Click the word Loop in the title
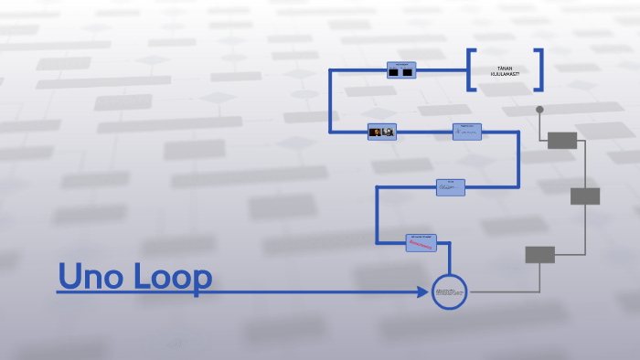coord(173,277)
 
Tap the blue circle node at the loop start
coord(449,291)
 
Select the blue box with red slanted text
coord(421,243)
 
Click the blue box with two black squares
coord(400,70)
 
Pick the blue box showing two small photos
coord(381,132)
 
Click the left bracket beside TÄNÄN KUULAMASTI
coord(472,69)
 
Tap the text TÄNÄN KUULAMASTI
coord(505,70)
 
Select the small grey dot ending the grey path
coord(539,110)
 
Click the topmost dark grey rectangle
coord(562,140)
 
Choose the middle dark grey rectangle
coord(585,196)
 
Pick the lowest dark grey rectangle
coord(539,254)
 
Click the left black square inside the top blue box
coord(393,71)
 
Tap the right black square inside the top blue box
coord(408,71)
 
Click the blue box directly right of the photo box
coord(466,132)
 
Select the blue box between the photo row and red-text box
coord(450,187)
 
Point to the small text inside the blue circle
coord(449,291)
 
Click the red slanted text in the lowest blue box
coord(421,245)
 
